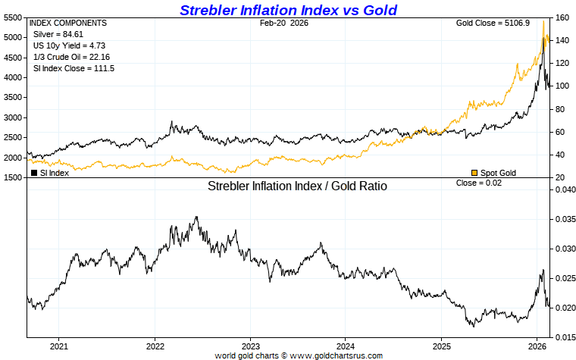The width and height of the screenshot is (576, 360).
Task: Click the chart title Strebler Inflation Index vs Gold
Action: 288,10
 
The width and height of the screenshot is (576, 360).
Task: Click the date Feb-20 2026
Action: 284,23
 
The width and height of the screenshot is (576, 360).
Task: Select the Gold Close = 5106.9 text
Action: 490,23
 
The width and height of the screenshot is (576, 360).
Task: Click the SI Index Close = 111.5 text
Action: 72,68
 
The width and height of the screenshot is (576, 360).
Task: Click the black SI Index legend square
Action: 34,173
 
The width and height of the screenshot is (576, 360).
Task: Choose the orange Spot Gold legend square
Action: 474,173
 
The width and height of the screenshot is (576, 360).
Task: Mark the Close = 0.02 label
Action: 478,183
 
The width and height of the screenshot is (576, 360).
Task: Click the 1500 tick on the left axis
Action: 13,178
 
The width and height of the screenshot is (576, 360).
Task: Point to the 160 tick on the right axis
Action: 562,17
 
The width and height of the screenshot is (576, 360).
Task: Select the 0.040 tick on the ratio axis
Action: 565,189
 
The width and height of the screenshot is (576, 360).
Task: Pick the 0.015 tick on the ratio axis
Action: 565,337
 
